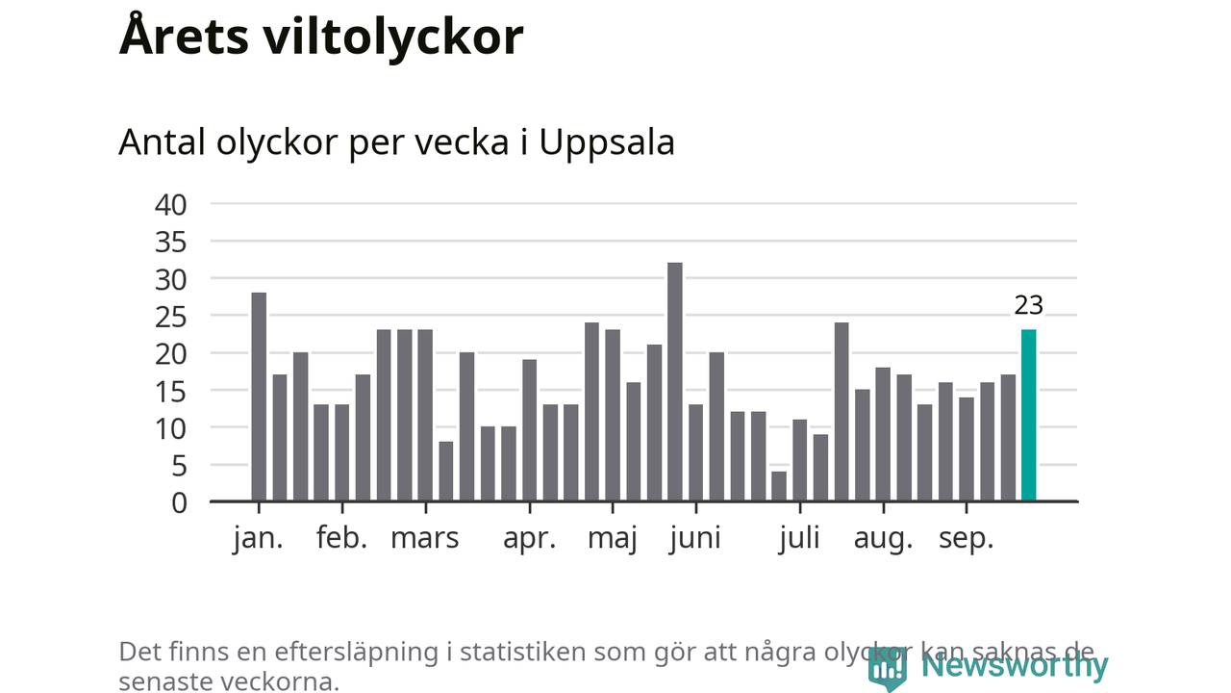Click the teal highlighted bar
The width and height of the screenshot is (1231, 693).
pyautogui.click(x=1028, y=415)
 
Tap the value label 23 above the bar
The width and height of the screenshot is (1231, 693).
pyautogui.click(x=1028, y=305)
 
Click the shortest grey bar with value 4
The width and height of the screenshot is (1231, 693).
pyautogui.click(x=778, y=486)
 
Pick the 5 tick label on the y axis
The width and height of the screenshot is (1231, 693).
pyautogui.click(x=178, y=465)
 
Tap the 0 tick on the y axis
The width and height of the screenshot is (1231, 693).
pyautogui.click(x=178, y=501)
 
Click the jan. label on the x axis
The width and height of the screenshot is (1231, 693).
pyautogui.click(x=258, y=539)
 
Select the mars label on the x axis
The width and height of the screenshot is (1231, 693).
pyautogui.click(x=424, y=539)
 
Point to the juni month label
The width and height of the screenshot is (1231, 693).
pyautogui.click(x=694, y=539)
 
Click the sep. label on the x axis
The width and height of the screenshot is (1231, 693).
pyautogui.click(x=965, y=539)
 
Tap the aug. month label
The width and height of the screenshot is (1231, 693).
pyautogui.click(x=882, y=539)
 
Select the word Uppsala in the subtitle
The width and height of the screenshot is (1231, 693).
pyautogui.click(x=606, y=142)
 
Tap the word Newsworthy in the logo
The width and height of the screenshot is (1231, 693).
pyautogui.click(x=1014, y=665)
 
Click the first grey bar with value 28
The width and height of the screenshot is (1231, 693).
pyautogui.click(x=258, y=397)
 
